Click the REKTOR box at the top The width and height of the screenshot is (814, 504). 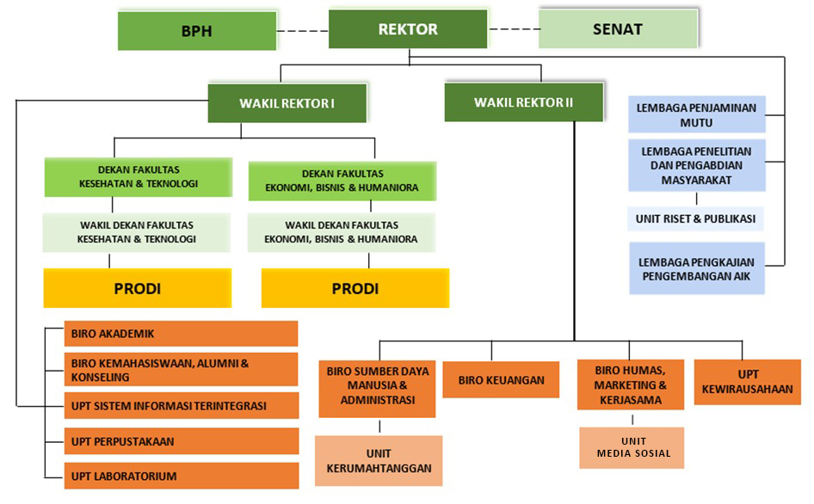pos(408,29)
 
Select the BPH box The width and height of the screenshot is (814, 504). pos(196,31)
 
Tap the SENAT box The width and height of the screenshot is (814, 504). pos(617,29)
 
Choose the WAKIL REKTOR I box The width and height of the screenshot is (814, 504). pos(287,103)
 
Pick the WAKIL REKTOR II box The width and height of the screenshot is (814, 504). pos(522,102)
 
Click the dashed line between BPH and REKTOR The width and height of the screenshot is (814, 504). pos(303,30)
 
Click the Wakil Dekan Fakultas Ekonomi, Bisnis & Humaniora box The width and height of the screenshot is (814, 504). pos(342,232)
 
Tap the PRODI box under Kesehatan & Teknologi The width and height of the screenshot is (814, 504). pos(137,288)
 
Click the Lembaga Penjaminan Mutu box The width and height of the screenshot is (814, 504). pos(696,115)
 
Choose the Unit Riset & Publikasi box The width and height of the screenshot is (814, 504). pos(695,218)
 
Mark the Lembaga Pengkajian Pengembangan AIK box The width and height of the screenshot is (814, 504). pos(696,268)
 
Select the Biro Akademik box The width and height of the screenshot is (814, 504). pos(181,334)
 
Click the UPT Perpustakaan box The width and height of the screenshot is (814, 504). pos(181,441)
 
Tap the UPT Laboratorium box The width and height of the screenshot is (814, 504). pos(181,476)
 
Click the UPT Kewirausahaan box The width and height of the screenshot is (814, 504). pos(747,382)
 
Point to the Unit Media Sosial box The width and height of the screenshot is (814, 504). pos(632,447)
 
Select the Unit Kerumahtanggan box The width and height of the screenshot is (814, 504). pos(379,461)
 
